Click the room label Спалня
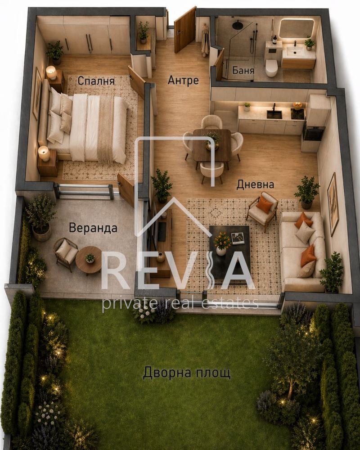pos(96,81)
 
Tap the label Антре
pos(183,80)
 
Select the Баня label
pos(243,71)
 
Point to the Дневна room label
pos(256,184)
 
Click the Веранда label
pos(93,228)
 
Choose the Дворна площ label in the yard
pos(187,373)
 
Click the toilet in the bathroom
pos(271,68)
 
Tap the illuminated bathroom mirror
pos(296,28)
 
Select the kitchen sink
pos(274,114)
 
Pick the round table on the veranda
pos(89,260)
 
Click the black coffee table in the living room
pos(229,252)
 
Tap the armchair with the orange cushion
pos(263,209)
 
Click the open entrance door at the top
pos(185,30)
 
